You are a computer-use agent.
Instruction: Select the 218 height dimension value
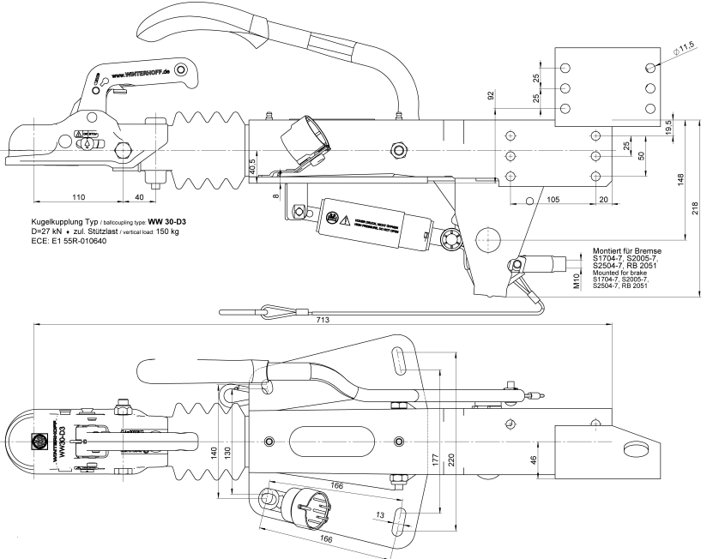pyautogui.click(x=694, y=209)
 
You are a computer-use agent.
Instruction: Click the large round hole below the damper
pyautogui.click(x=488, y=238)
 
